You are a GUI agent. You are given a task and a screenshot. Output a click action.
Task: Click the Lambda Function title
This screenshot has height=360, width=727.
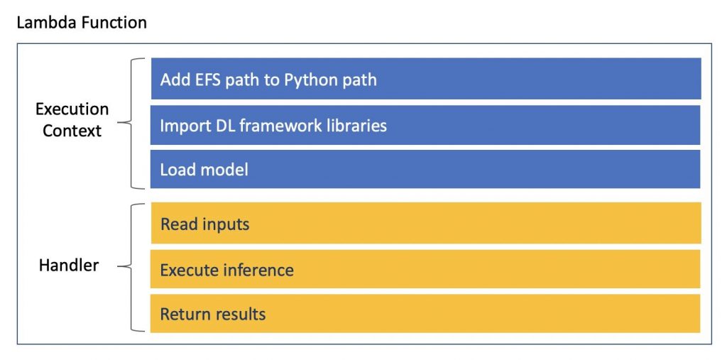(82, 22)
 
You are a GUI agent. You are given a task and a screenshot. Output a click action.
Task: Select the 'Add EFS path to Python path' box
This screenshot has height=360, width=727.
(426, 78)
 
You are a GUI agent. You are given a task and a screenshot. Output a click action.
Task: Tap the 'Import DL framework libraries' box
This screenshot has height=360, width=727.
(425, 125)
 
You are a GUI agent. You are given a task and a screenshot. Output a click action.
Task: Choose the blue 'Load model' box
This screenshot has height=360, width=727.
(425, 169)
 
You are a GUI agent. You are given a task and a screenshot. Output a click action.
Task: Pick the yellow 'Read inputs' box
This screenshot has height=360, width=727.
(426, 223)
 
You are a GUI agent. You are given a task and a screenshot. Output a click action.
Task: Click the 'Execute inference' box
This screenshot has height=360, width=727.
(425, 269)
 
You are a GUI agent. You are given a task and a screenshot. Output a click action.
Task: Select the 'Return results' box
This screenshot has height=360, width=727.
(425, 313)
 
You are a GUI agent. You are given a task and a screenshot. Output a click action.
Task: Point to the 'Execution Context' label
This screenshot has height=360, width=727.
(72, 120)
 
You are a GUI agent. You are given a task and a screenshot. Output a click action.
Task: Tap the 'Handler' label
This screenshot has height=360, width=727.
(69, 266)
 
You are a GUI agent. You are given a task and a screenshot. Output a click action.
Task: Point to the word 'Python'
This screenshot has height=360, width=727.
(310, 81)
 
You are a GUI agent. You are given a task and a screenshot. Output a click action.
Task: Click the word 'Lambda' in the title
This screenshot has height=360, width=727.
(45, 22)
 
